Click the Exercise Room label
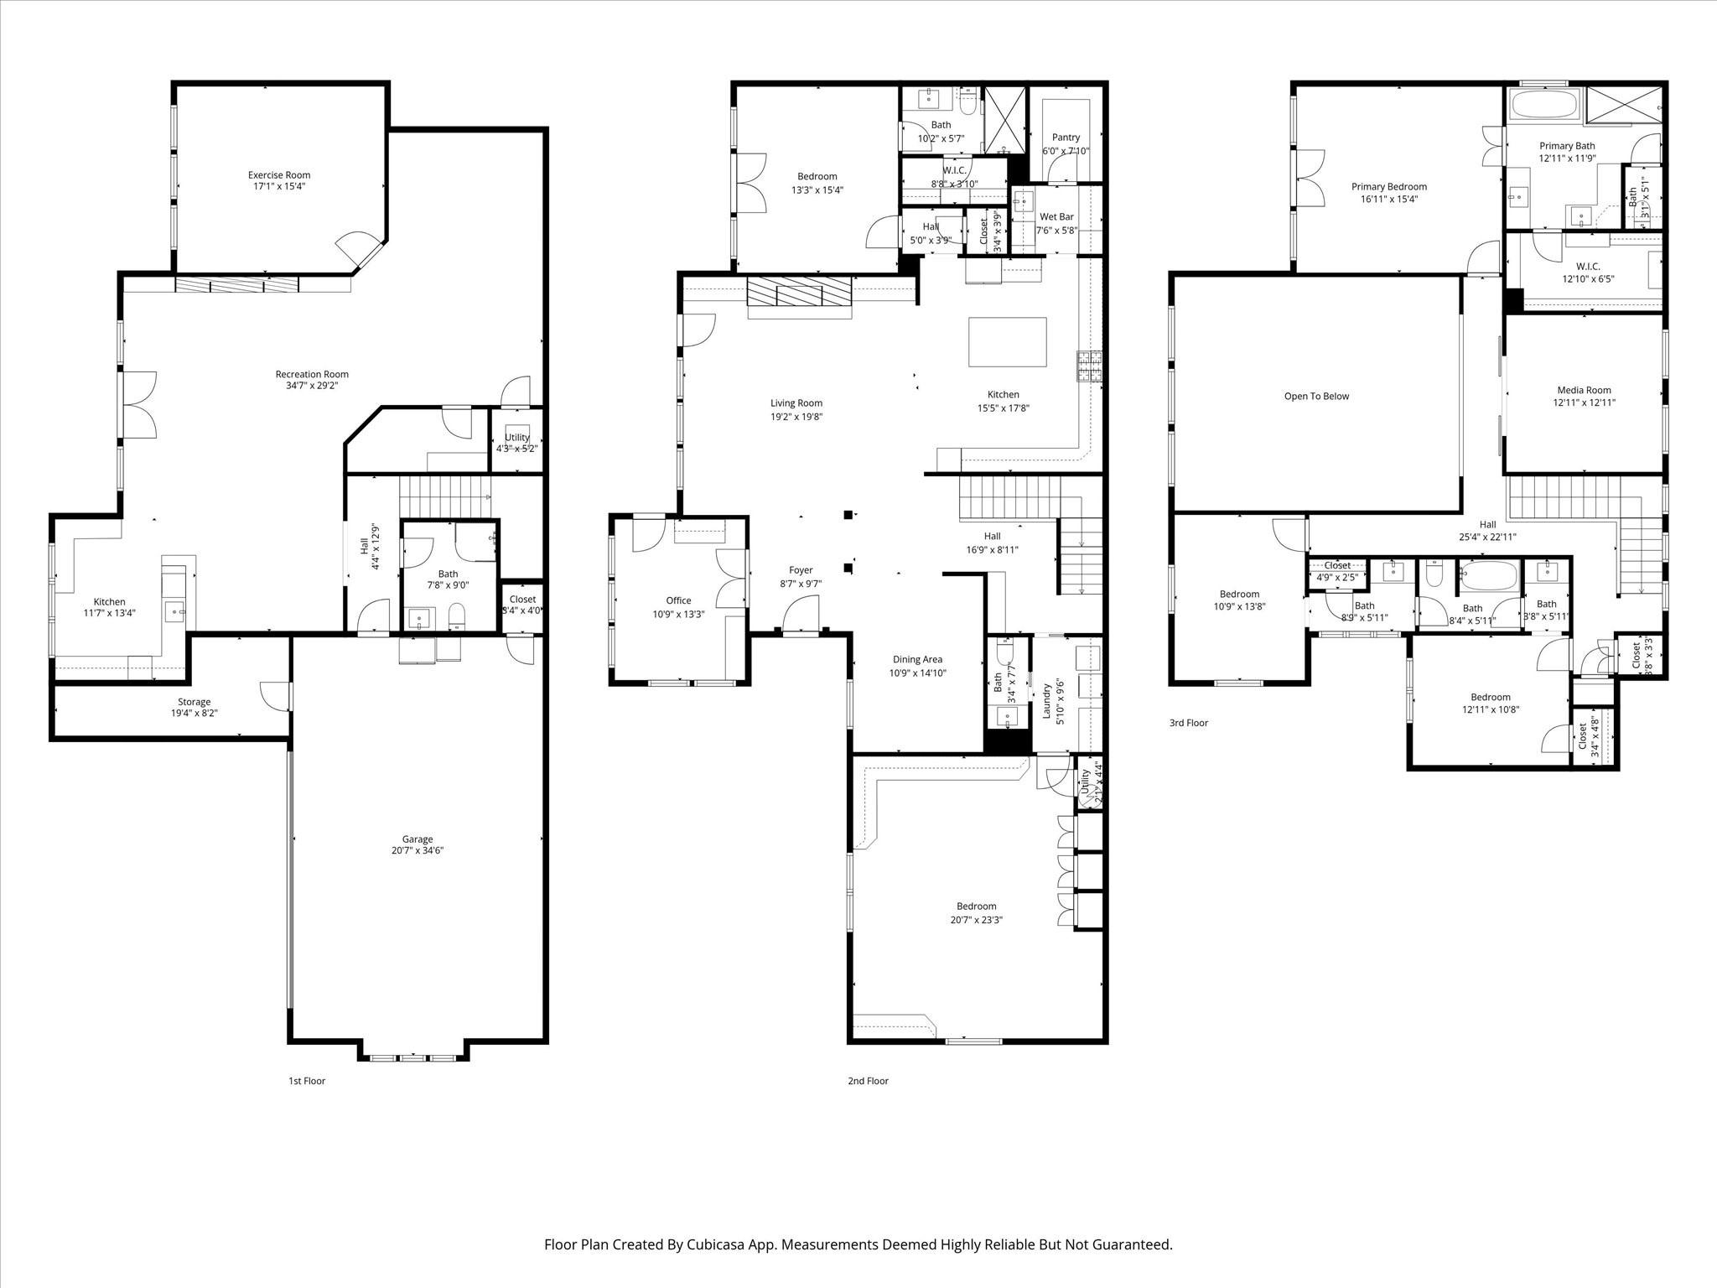pos(278,175)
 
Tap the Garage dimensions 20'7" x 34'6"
pos(417,850)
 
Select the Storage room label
pos(194,702)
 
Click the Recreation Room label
pos(312,374)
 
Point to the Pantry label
pos(1066,138)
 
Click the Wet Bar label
pos(1056,216)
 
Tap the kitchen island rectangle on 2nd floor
pos(1007,342)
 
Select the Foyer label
pos(801,570)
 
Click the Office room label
pos(678,600)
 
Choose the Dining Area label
pos(917,659)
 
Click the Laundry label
pos(1046,701)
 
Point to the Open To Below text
pos(1316,397)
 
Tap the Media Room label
pos(1584,390)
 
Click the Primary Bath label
pos(1567,146)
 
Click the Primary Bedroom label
pos(1388,187)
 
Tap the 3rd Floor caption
pos(1188,723)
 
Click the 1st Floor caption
pos(306,1081)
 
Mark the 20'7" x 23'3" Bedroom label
pos(976,906)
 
